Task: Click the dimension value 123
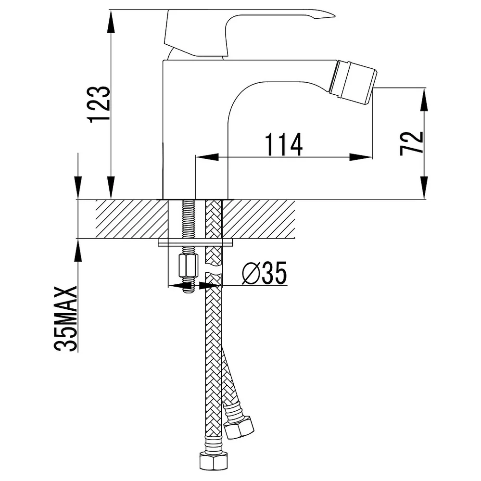pyautogui.click(x=99, y=104)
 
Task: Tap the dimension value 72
pyautogui.click(x=412, y=143)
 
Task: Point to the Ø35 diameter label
pyautogui.click(x=265, y=273)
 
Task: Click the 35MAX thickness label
pyautogui.click(x=65, y=319)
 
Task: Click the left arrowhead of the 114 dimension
pyautogui.click(x=207, y=157)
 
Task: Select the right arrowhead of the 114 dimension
pyautogui.click(x=361, y=157)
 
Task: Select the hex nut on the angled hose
pyautogui.click(x=239, y=427)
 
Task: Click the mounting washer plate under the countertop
pyautogui.click(x=195, y=242)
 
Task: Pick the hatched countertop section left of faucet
pyautogui.click(x=132, y=219)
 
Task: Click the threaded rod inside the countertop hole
pyautogui.click(x=188, y=219)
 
